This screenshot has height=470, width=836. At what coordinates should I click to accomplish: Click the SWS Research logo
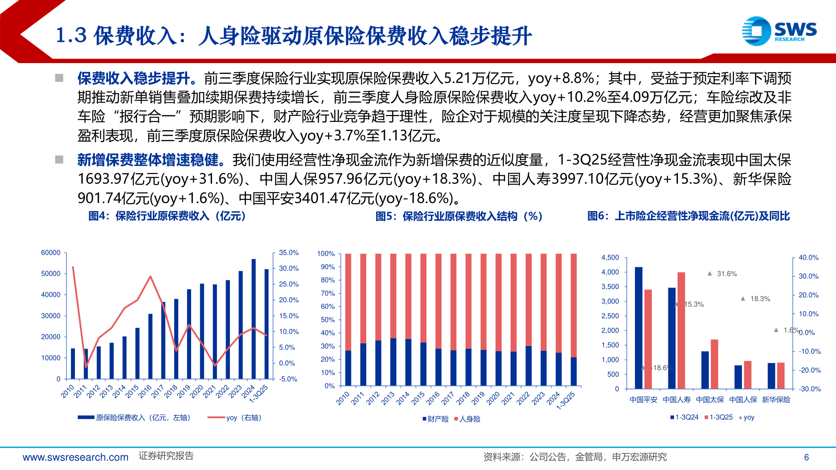point(779,31)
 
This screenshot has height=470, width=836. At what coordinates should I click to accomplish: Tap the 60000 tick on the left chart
point(51,253)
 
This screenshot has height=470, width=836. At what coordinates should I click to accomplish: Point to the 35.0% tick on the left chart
point(289,253)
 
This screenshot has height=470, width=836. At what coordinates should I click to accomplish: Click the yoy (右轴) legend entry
point(235,418)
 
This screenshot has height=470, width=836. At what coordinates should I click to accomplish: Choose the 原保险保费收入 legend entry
point(135,418)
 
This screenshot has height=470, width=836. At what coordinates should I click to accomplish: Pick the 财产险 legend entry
point(436,419)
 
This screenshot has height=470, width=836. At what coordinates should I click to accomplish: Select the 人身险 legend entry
point(468,419)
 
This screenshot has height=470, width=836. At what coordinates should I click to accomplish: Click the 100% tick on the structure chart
point(326,254)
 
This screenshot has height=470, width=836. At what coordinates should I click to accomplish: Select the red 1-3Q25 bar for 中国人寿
point(681,330)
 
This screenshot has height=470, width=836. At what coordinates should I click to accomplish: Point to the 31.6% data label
point(727,274)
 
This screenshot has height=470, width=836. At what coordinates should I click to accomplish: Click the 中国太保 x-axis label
point(710,400)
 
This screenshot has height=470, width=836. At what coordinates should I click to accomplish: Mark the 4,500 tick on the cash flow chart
point(610,258)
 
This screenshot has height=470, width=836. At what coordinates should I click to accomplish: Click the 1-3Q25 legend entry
point(719,417)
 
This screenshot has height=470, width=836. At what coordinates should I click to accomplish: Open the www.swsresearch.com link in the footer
point(76,457)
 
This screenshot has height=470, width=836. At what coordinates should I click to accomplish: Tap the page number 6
point(806,457)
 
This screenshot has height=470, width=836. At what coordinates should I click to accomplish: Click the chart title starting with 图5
point(459,216)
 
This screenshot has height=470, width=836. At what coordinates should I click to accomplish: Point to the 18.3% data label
point(760,299)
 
